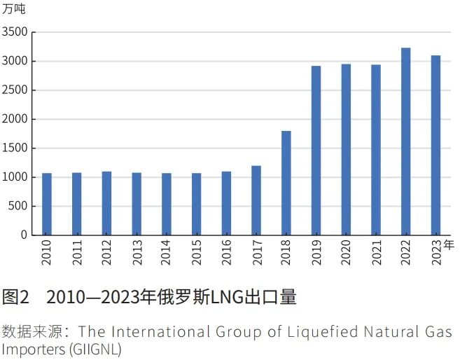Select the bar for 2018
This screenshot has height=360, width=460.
(286, 183)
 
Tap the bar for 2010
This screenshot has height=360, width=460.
(47, 204)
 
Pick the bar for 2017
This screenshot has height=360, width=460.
(256, 200)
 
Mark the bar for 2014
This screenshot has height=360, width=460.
(167, 204)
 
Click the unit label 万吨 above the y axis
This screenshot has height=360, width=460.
(13, 10)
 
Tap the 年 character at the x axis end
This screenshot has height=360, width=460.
(449, 244)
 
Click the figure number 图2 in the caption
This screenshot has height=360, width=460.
(15, 297)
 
